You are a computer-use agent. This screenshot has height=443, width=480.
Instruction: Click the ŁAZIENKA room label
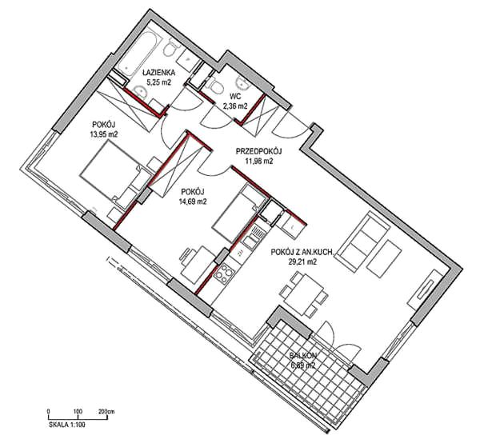159,73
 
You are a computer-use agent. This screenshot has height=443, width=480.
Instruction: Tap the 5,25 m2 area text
158,82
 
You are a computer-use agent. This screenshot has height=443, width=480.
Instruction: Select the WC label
235,97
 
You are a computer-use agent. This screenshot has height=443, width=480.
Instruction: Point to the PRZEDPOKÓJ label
258,151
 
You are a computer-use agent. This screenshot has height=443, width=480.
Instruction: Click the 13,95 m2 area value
104,134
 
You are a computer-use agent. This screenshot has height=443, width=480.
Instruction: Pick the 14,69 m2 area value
192,202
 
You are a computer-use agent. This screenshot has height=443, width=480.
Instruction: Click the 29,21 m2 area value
302,261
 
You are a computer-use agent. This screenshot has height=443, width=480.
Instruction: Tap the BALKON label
303,356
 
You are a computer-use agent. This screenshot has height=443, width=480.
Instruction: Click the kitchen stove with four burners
224,273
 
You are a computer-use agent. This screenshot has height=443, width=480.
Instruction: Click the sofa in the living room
365,241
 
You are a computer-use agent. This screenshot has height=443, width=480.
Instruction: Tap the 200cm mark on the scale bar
106,412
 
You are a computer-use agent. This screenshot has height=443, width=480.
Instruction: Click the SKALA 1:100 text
67,425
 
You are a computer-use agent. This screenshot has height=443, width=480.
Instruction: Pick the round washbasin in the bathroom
140,92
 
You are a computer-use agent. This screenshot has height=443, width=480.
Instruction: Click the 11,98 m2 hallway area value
258,161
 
